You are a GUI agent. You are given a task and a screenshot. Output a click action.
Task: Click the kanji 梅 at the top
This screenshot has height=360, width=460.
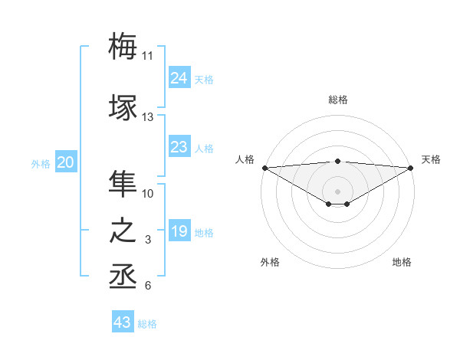click(x=123, y=45)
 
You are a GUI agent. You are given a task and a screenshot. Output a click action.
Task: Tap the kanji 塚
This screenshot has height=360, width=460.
click(x=123, y=108)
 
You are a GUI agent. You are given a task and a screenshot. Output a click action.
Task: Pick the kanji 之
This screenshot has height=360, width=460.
click(x=123, y=232)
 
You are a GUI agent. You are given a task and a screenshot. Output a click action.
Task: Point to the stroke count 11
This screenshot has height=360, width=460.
click(x=147, y=56)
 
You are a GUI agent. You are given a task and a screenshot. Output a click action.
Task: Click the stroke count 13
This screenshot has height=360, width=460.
click(x=147, y=117)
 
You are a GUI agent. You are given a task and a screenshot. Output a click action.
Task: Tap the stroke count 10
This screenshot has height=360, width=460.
click(x=148, y=194)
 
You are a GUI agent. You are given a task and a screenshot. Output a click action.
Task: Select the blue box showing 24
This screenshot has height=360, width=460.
click(x=179, y=78)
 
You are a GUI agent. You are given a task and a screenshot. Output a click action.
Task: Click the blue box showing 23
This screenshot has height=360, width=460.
click(x=179, y=147)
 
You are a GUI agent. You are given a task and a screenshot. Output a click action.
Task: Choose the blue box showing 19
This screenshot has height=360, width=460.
click(x=179, y=231)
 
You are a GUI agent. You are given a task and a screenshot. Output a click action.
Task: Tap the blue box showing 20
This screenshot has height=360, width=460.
click(x=66, y=162)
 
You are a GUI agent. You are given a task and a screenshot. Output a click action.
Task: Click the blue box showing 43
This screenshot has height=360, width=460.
click(x=123, y=322)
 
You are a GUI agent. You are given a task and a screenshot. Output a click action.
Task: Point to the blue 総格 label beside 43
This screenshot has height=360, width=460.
click(x=147, y=324)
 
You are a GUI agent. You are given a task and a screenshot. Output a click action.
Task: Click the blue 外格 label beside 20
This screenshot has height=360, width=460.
click(x=41, y=164)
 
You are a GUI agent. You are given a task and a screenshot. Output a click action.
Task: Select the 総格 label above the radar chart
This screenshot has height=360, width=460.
click(x=338, y=100)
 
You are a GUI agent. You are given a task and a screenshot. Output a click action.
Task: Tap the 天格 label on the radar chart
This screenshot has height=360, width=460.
click(x=432, y=159)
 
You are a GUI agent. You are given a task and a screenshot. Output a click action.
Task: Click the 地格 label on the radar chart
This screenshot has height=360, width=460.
click(x=402, y=262)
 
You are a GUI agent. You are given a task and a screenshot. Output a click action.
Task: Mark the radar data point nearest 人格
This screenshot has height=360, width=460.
click(x=264, y=168)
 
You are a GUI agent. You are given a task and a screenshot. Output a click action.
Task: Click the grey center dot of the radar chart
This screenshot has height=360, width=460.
click(x=337, y=190)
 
